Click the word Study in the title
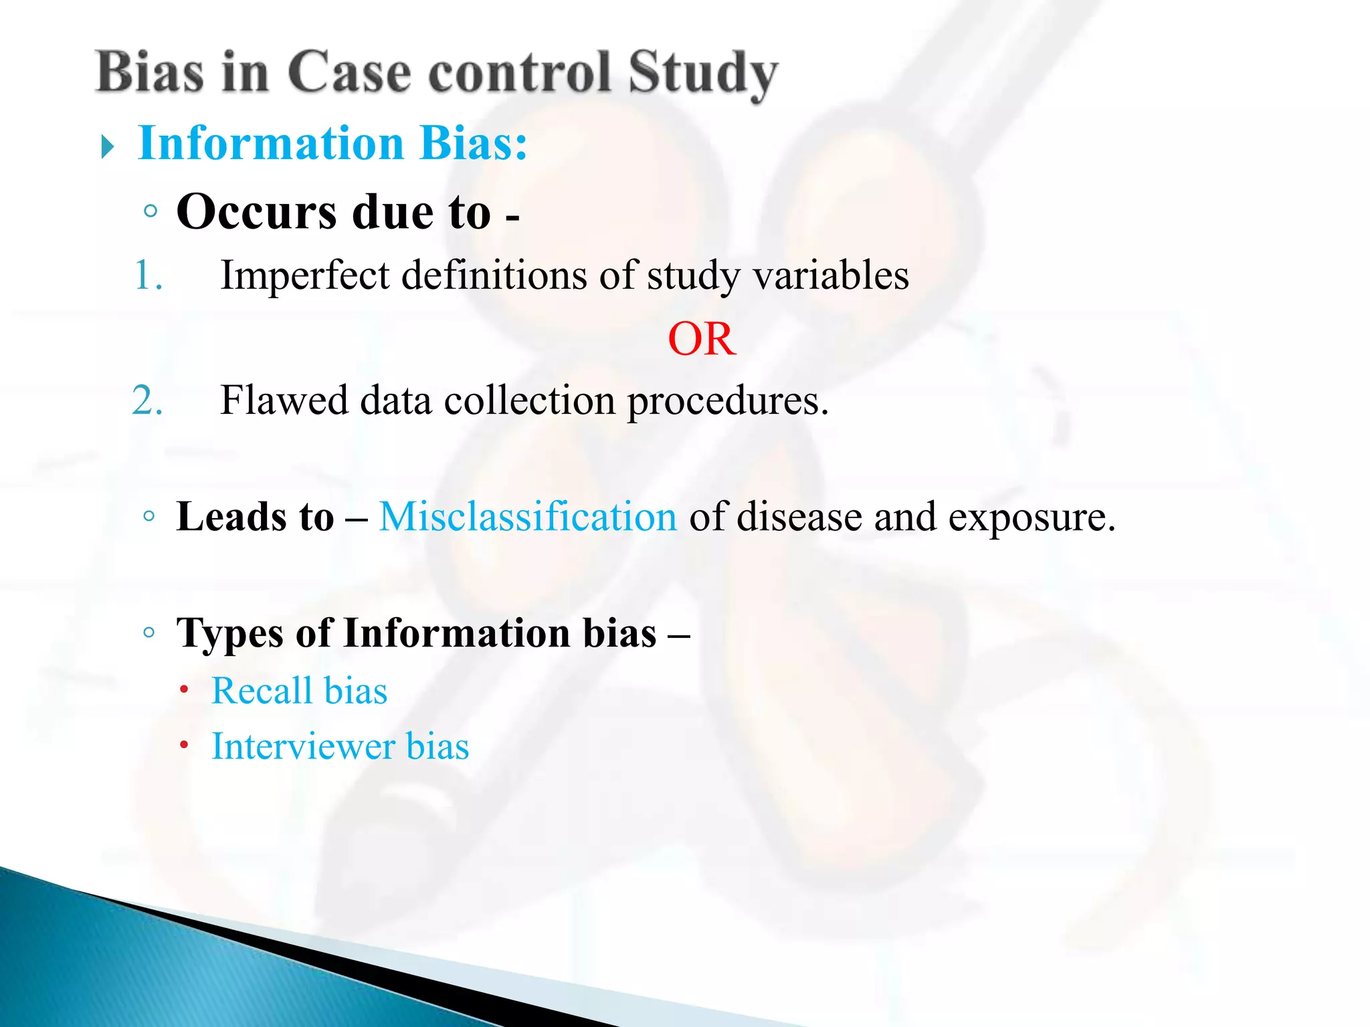(x=702, y=74)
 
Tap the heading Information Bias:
(x=332, y=143)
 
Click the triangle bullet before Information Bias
(x=108, y=146)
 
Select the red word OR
(x=702, y=339)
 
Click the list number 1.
(x=148, y=275)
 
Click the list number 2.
(x=147, y=401)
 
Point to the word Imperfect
(x=304, y=275)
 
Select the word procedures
(x=727, y=401)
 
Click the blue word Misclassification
(x=528, y=517)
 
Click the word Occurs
(x=256, y=212)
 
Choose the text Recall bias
(x=299, y=691)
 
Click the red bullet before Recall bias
(x=184, y=689)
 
